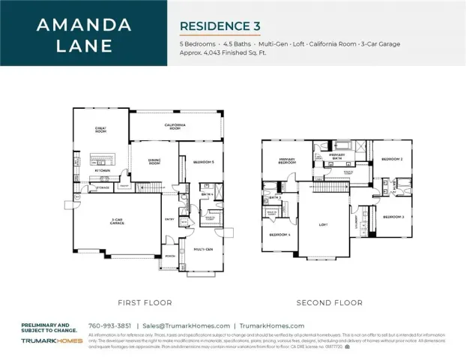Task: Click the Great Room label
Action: coord(100,130)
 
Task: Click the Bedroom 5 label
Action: coord(202,162)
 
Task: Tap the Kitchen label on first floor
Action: coord(103,170)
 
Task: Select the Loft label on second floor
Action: coord(324,223)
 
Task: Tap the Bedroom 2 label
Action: coord(392,160)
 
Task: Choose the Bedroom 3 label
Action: coord(393,217)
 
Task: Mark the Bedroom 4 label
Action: coord(279,235)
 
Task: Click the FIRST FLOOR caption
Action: coord(145,302)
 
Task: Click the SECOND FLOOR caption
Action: coord(330,302)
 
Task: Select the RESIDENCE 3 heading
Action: coord(220,26)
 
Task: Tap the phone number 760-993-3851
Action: coord(110,325)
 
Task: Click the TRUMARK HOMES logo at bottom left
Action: coord(46,340)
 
